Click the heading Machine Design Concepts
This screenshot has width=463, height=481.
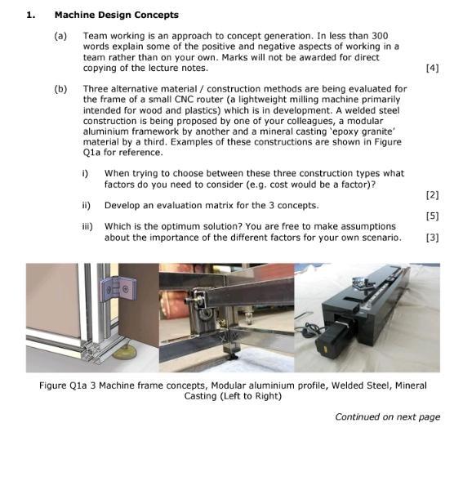[117, 15]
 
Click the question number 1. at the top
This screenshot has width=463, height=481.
[31, 15]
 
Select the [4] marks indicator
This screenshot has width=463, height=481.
[432, 68]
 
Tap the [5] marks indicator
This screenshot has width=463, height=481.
[432, 216]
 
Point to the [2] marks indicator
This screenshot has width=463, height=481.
[432, 195]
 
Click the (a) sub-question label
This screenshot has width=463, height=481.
[60, 36]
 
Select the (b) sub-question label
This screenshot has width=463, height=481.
[60, 89]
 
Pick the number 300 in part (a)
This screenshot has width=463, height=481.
[380, 36]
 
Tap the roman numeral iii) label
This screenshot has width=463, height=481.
[87, 226]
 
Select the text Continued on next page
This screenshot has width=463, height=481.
[388, 416]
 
